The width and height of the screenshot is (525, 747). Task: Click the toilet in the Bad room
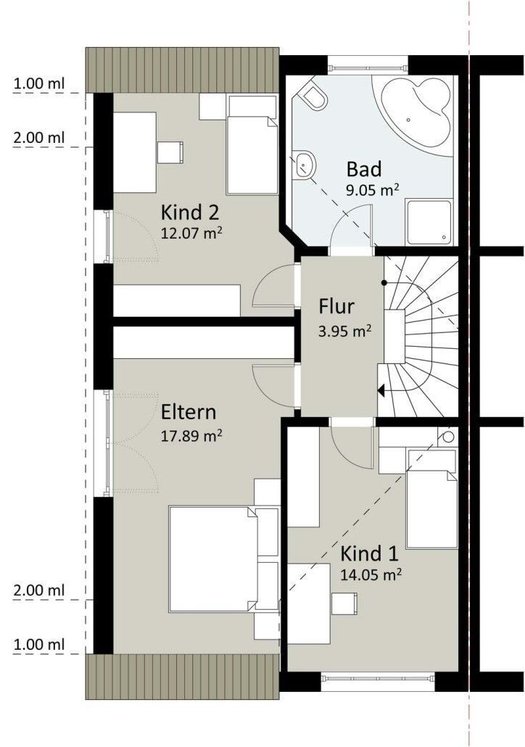click(x=315, y=97)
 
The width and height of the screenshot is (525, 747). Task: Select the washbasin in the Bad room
click(x=304, y=164)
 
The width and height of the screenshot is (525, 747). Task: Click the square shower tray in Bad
click(x=429, y=223)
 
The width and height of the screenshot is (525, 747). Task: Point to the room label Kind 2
click(x=189, y=212)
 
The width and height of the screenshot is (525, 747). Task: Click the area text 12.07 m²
click(x=191, y=234)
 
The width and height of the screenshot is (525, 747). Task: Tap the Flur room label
click(x=336, y=306)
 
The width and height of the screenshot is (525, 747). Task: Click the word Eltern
click(x=189, y=412)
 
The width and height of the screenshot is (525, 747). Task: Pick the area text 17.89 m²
click(x=191, y=436)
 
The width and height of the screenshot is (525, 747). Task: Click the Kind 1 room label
click(x=369, y=553)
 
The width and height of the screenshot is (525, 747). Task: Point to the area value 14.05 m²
click(x=371, y=574)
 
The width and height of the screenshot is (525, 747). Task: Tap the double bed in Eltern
click(x=213, y=559)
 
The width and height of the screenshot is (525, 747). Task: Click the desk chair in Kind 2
click(x=170, y=152)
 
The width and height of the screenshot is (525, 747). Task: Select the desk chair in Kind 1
click(x=344, y=603)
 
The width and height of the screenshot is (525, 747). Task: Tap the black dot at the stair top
click(x=384, y=283)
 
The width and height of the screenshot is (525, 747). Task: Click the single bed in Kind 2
click(x=252, y=154)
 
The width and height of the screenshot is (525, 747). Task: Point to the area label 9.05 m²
click(x=372, y=190)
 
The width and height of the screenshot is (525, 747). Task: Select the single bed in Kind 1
click(x=431, y=508)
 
